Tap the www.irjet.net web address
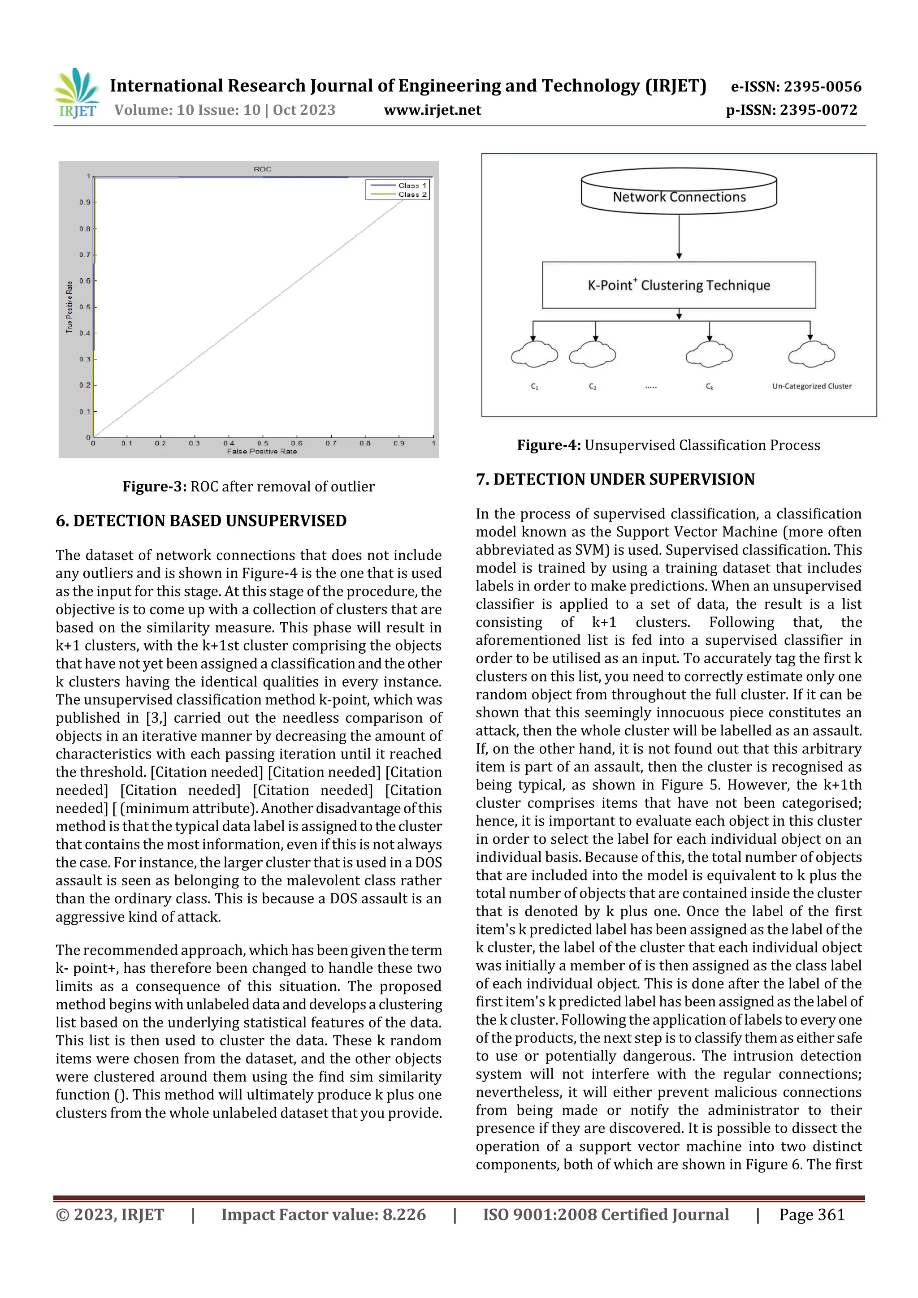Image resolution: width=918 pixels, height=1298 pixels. (x=432, y=110)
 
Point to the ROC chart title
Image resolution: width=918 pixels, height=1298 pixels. (x=263, y=169)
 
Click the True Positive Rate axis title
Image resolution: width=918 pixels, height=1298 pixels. (x=69, y=307)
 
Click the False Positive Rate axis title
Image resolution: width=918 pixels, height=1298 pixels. (x=262, y=451)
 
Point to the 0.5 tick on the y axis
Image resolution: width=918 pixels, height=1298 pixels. (x=84, y=307)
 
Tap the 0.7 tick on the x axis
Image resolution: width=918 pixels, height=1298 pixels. (x=331, y=443)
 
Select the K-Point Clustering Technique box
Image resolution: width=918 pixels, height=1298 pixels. (x=679, y=285)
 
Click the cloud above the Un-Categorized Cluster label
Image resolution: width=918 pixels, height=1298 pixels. (x=811, y=355)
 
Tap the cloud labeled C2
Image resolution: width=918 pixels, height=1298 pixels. (x=592, y=355)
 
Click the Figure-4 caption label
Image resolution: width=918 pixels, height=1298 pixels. (x=549, y=445)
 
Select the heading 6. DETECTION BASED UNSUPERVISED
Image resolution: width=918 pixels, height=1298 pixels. (x=201, y=521)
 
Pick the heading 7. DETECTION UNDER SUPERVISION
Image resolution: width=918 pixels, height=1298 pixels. (x=615, y=479)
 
